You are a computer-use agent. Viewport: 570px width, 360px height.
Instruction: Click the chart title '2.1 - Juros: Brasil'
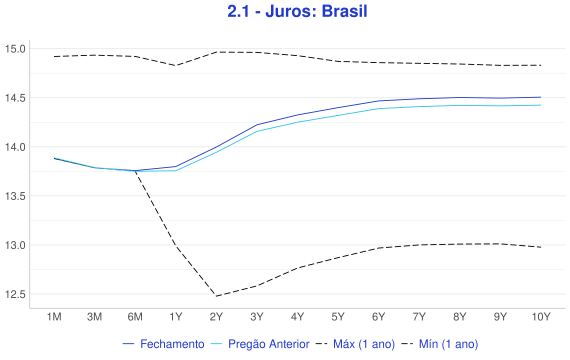[x=297, y=11]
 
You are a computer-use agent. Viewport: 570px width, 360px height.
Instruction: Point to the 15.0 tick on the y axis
[x=15, y=49]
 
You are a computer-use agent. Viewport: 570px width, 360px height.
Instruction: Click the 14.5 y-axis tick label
[x=15, y=98]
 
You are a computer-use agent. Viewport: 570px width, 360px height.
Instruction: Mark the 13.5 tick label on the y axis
[x=15, y=196]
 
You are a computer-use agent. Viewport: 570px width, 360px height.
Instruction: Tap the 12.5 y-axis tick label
[x=15, y=294]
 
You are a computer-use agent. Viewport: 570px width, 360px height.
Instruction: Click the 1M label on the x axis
[x=54, y=317]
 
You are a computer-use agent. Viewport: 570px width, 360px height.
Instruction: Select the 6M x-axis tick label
[x=135, y=317]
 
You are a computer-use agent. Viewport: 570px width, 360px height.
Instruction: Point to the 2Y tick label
[x=216, y=317]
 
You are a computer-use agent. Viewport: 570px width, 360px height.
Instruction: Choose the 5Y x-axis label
[x=338, y=317]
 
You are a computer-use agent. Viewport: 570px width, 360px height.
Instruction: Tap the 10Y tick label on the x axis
[x=541, y=317]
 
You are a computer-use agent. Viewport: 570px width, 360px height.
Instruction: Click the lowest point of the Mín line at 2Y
[x=216, y=296]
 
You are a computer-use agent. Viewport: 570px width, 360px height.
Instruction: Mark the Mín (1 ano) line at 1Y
[x=176, y=247]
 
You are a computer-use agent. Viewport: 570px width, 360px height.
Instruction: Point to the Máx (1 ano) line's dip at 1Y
[x=176, y=65]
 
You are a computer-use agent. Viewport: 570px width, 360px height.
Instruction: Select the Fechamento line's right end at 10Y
[x=541, y=97]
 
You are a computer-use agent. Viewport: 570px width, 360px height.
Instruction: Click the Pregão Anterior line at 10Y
[x=541, y=105]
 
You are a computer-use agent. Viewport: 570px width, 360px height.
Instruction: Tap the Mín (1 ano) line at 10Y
[x=541, y=247]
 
